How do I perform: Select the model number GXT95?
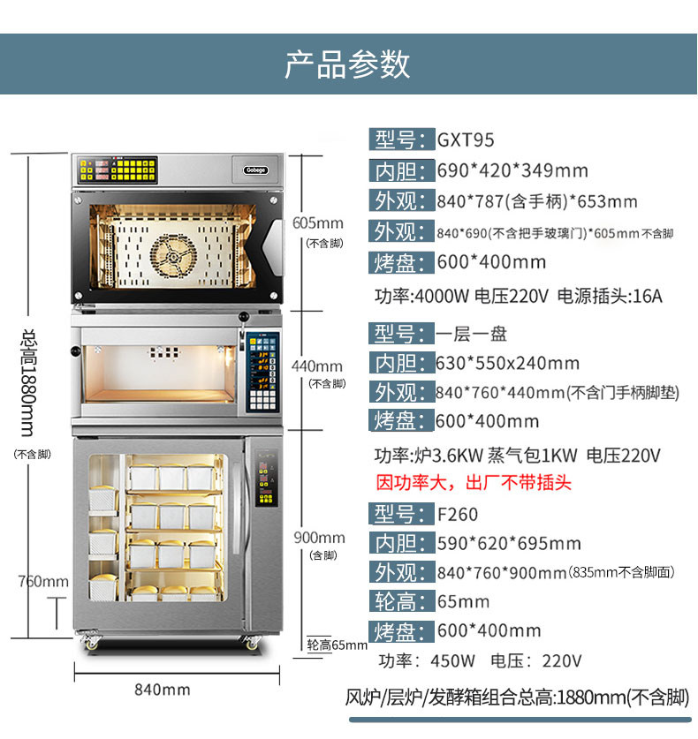click(466, 140)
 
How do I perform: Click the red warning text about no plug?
click(474, 483)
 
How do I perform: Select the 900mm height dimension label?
click(320, 538)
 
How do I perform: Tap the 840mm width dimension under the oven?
click(162, 690)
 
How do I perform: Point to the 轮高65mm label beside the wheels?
click(336, 645)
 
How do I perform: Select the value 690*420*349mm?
click(512, 170)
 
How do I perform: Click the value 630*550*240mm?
click(508, 363)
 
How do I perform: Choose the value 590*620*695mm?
click(509, 543)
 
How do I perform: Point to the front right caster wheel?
click(252, 644)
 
